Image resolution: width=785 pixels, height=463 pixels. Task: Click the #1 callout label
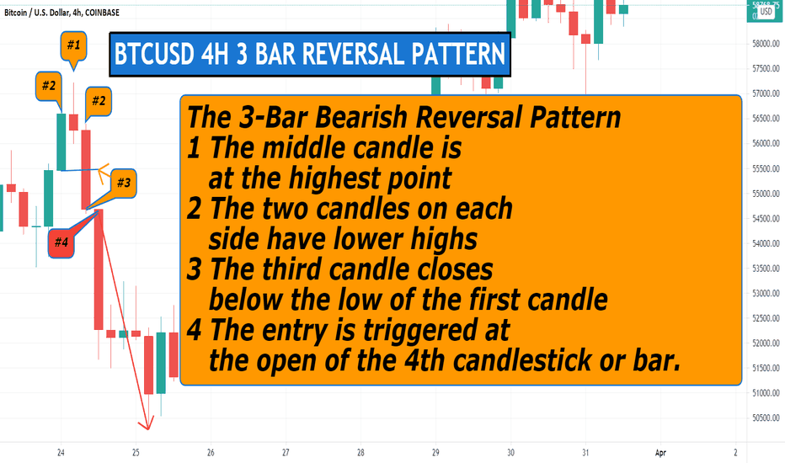point(73,45)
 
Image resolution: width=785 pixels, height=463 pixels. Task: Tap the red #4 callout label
point(61,242)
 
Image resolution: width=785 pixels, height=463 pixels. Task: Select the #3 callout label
point(123,183)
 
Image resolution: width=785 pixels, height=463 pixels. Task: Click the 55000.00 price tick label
point(766,194)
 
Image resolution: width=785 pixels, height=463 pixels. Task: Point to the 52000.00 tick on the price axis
point(766,343)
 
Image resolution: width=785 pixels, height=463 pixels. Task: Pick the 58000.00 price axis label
point(766,44)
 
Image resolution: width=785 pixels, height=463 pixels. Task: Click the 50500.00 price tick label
point(766,418)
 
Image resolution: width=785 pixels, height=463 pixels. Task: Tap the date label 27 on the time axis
point(286,453)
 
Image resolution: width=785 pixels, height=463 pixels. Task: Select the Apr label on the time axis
point(660,453)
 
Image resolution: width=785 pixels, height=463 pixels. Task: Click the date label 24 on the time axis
point(61,453)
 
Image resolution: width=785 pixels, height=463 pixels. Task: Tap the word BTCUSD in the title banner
point(153,54)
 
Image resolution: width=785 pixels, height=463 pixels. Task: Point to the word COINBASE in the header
point(102,13)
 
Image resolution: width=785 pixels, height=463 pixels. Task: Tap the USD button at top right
point(766,12)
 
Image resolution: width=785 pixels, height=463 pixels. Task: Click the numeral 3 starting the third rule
point(195,269)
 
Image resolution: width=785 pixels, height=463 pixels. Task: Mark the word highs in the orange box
point(444,239)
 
